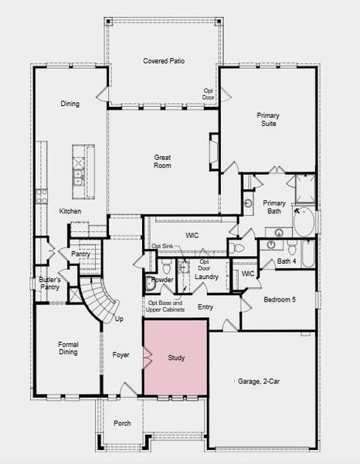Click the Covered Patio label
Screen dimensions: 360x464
point(164,61)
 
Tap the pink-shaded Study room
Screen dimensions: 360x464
point(175,357)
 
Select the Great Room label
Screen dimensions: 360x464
point(162,162)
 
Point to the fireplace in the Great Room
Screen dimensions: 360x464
point(214,152)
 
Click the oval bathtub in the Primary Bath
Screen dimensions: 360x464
point(304,222)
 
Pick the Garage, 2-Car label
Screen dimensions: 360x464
point(259,381)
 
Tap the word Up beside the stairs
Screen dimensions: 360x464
point(119,319)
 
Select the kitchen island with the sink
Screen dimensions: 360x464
point(83,172)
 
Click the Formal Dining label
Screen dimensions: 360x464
point(68,348)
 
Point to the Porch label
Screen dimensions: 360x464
point(122,423)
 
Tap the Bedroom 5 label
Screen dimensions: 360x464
point(280,299)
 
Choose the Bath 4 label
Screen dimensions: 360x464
point(287,261)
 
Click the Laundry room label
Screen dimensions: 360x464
point(206,277)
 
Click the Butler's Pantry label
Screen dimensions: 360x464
point(49,283)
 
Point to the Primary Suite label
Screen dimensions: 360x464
point(268,119)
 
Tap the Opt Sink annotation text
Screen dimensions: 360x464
point(162,246)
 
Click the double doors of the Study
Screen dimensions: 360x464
point(148,357)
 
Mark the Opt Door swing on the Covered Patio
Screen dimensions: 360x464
point(226,94)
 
